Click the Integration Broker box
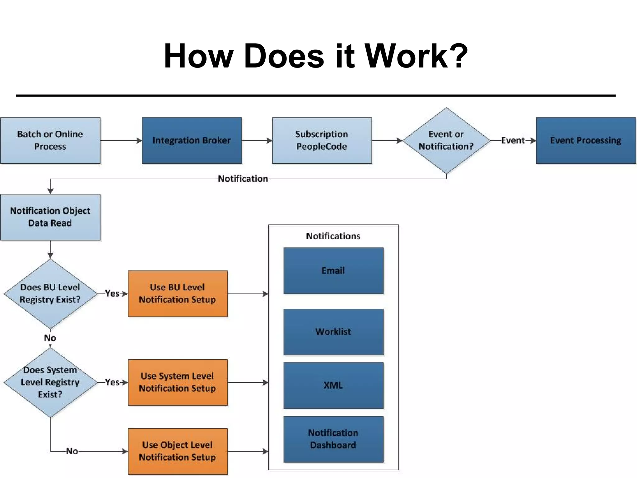click(192, 140)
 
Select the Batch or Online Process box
click(50, 140)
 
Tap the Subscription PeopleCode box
click(322, 140)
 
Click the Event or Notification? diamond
click(446, 140)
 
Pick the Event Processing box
click(585, 140)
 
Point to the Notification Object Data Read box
click(50, 217)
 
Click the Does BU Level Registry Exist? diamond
click(50, 293)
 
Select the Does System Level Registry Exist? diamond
click(50, 382)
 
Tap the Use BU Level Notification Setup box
click(178, 293)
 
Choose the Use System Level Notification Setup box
click(178, 382)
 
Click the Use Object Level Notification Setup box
click(178, 451)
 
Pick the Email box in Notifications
click(333, 270)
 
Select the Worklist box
click(333, 332)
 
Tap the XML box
click(333, 385)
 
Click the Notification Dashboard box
click(333, 439)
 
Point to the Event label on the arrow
click(513, 140)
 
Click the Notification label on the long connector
click(243, 179)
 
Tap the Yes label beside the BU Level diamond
click(112, 293)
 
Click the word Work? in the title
click(416, 56)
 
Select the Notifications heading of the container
click(333, 236)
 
